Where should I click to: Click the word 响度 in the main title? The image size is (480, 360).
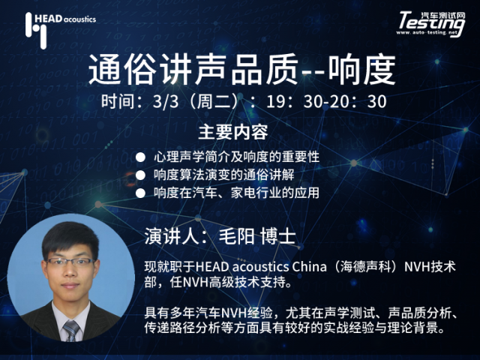click(x=362, y=70)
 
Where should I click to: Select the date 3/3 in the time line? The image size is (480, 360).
click(x=166, y=101)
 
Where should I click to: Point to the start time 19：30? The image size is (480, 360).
click(x=290, y=101)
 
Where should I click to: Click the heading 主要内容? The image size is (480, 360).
click(x=233, y=133)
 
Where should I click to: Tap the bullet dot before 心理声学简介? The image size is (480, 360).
click(x=140, y=157)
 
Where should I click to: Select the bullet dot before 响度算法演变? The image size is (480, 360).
click(x=140, y=175)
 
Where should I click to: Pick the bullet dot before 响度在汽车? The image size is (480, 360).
click(x=140, y=193)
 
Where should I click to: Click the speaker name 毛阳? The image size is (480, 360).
click(x=237, y=237)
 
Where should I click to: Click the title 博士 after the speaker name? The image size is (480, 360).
click(x=278, y=237)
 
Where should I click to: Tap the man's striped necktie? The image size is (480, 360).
click(x=71, y=331)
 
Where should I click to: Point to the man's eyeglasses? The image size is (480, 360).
click(x=70, y=262)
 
